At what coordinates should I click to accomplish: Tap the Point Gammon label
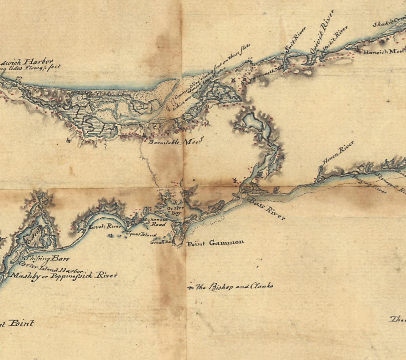pyautogui.click(x=215, y=243)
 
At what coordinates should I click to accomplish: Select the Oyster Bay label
pyautogui.click(x=175, y=210)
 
